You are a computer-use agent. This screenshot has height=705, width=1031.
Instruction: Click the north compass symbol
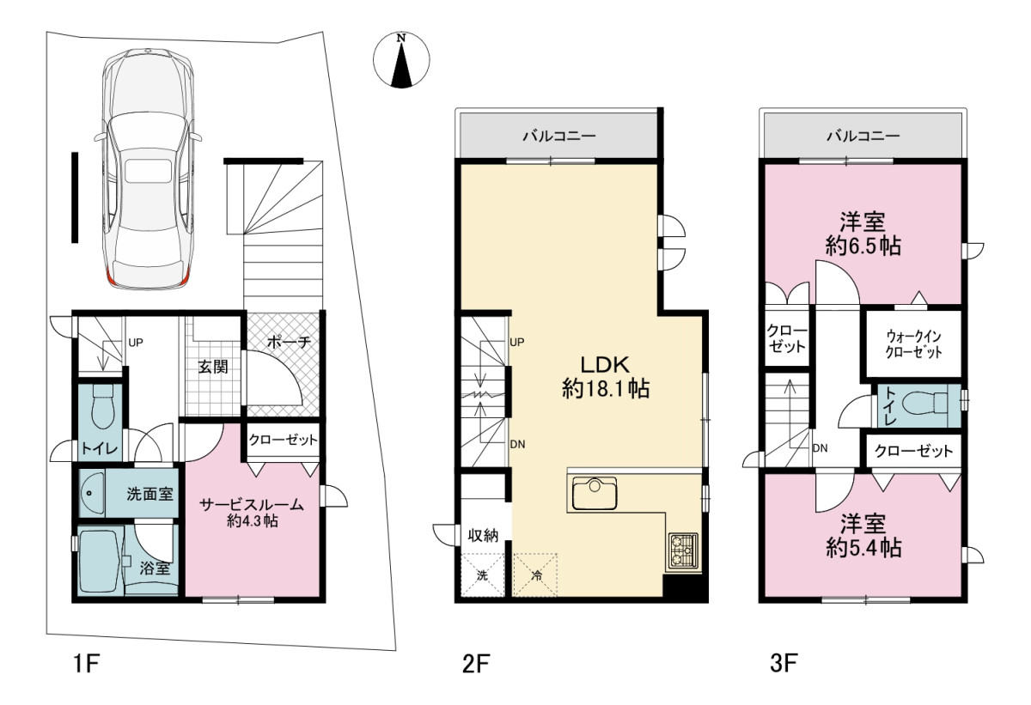(x=401, y=60)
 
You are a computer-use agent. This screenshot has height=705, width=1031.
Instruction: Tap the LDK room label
(x=605, y=377)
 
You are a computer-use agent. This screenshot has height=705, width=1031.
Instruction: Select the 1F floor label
(x=87, y=664)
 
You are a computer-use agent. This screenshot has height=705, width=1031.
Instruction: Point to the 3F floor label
(x=784, y=664)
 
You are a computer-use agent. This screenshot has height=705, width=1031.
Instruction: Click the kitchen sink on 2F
(x=595, y=493)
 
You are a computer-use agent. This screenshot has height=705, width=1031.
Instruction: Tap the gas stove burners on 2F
(x=684, y=552)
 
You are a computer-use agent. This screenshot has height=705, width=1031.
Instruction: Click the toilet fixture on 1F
(x=102, y=406)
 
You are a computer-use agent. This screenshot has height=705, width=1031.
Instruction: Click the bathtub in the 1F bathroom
(x=101, y=561)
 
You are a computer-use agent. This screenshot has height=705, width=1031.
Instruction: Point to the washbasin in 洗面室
(x=93, y=493)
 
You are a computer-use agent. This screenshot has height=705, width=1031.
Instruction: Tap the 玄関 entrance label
(x=213, y=367)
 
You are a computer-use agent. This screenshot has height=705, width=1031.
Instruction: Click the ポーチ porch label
(x=289, y=342)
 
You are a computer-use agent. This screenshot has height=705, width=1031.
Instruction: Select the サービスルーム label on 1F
(x=251, y=504)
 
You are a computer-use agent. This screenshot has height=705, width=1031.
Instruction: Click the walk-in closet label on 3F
(x=913, y=344)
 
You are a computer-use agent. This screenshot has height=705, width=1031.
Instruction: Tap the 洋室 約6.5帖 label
(x=863, y=234)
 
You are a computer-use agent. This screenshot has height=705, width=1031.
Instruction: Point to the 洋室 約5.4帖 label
(x=863, y=535)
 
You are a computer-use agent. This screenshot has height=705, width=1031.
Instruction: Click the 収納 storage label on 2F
(x=483, y=535)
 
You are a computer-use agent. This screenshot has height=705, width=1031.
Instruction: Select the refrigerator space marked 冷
(x=536, y=574)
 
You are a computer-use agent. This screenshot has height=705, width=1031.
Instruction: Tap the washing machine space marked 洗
(x=482, y=574)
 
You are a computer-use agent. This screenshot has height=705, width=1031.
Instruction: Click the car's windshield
(x=147, y=133)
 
